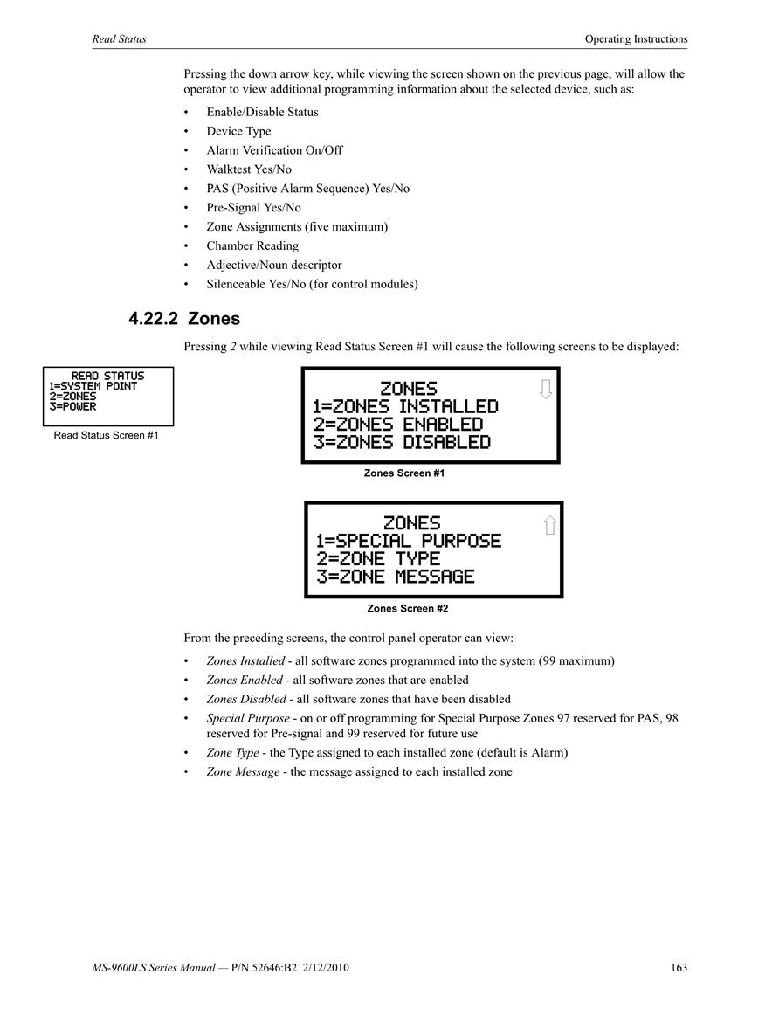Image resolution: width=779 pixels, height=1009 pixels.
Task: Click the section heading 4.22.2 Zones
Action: click(184, 319)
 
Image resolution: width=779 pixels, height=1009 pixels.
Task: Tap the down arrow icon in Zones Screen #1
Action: click(546, 389)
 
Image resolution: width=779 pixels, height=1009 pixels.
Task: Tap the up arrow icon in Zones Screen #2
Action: click(549, 524)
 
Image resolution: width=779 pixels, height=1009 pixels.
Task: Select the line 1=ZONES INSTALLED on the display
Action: click(405, 407)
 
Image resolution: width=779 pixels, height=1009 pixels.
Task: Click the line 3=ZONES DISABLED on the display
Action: click(402, 443)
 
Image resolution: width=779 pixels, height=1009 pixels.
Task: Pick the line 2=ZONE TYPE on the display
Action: click(378, 558)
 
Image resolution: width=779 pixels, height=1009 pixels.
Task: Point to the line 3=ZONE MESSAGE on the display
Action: click(395, 577)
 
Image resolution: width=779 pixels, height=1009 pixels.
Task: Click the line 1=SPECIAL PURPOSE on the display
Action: click(409, 541)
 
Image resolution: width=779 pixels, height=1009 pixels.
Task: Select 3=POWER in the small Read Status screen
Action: click(72, 407)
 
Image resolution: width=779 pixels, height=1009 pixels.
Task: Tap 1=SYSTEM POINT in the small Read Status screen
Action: click(93, 386)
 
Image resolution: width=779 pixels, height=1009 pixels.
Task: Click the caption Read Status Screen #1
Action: click(107, 436)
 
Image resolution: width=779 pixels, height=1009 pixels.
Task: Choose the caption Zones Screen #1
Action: click(404, 473)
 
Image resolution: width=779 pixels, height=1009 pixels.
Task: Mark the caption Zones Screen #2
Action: click(408, 608)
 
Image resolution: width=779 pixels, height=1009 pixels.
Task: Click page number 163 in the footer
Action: click(679, 967)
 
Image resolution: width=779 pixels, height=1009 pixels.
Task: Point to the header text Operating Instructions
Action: click(636, 38)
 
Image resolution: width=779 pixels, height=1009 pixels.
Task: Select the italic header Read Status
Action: click(119, 38)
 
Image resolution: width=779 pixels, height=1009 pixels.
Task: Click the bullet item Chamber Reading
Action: click(252, 245)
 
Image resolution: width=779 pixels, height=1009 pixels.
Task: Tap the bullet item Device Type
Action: click(238, 131)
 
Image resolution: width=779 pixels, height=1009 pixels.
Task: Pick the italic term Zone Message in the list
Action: click(243, 772)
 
